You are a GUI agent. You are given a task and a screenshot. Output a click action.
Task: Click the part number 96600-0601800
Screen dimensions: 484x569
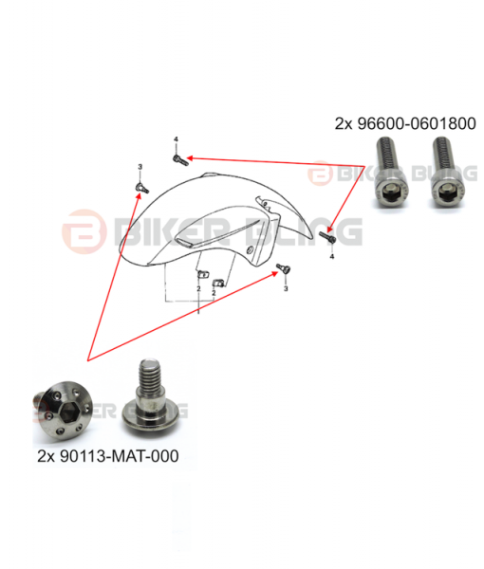coord(417,123)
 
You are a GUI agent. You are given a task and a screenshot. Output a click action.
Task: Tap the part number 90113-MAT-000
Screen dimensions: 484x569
coord(119,456)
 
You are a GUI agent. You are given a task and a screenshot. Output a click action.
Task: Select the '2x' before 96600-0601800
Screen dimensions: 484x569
coord(344,123)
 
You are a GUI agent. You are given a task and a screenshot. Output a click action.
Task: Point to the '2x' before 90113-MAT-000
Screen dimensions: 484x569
coord(46,456)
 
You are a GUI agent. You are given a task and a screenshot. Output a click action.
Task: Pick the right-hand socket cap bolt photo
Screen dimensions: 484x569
coord(448,173)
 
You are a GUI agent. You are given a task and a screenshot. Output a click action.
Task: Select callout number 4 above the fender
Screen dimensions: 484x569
coord(177,139)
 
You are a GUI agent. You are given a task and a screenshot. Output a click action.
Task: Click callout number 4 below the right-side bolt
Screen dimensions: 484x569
coord(332,257)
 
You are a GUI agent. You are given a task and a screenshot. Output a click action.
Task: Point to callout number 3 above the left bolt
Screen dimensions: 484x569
coord(140,167)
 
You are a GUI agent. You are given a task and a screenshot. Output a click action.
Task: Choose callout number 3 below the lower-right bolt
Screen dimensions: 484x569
coord(286,288)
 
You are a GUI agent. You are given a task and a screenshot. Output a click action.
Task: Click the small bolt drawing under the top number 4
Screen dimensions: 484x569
coord(179,159)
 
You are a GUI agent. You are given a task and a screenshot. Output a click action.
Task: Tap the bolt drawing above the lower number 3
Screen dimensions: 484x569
coord(284,269)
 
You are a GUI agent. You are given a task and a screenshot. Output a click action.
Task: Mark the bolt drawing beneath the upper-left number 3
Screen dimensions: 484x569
coord(141,188)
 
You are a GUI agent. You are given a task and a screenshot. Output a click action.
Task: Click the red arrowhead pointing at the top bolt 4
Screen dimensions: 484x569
coord(190,158)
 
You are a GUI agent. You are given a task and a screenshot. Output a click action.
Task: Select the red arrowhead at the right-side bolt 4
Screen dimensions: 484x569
coord(329,229)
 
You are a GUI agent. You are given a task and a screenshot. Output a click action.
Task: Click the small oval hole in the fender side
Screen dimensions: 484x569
coord(249,249)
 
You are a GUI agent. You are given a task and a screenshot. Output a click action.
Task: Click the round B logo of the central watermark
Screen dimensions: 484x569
coord(84,231)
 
